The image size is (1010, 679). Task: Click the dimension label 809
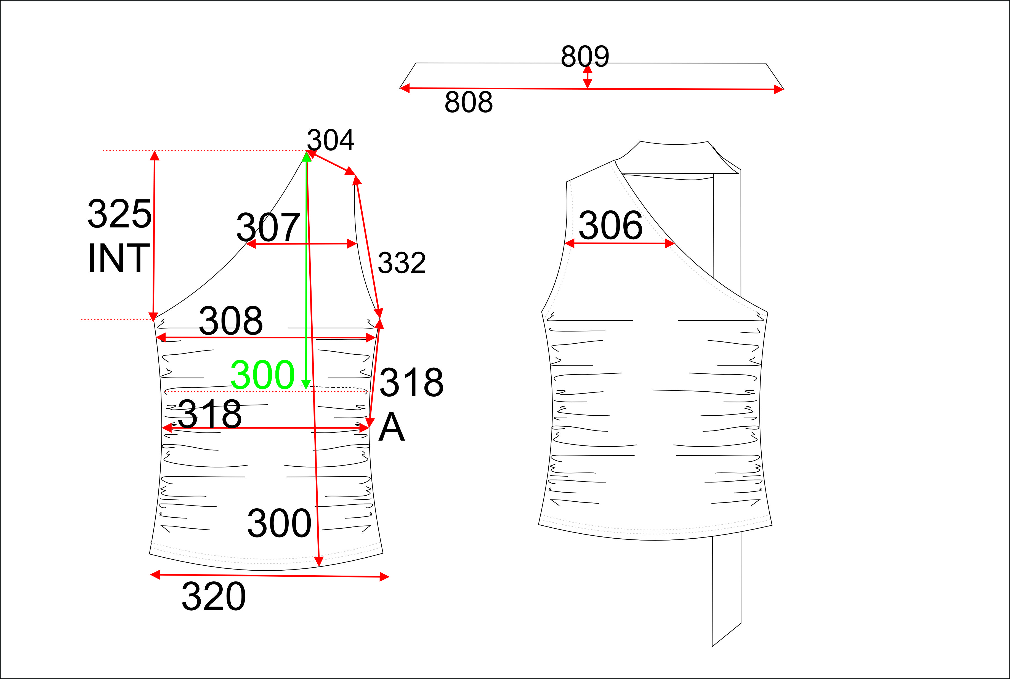pos(585,56)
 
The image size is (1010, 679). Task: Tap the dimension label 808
pos(469,102)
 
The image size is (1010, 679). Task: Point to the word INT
pos(119,258)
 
